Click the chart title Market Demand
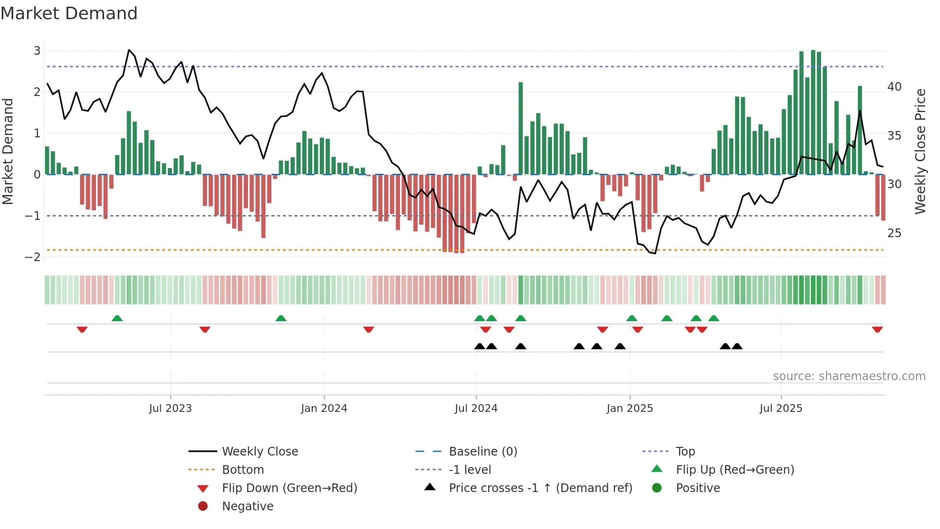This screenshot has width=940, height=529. pos(69,13)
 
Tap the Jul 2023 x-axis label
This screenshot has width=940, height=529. pos(170,409)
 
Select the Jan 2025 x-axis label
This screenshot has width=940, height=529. pos(629,409)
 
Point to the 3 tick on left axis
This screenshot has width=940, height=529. pos(37,51)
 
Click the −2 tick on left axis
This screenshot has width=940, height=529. pos(33,257)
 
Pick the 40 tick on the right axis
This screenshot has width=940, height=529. pos(894,87)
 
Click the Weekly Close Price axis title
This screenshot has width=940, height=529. pos(920,151)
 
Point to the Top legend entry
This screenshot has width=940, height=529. pos(685,452)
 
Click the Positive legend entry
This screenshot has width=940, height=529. pos(698,488)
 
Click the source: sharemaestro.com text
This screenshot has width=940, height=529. pos(849,376)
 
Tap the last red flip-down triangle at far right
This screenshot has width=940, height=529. pos(877,330)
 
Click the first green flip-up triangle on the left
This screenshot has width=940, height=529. pos(117,318)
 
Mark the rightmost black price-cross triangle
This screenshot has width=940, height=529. pos(737,346)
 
